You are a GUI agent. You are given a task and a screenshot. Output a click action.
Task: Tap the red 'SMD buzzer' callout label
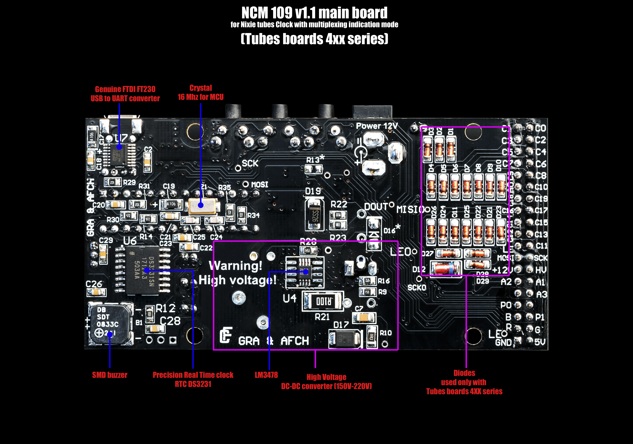point(110,375)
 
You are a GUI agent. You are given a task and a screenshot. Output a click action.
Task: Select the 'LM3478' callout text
point(266,375)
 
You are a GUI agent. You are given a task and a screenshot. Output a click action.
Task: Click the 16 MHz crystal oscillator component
point(204,206)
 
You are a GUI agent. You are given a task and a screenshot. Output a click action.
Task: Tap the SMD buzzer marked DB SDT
point(110,324)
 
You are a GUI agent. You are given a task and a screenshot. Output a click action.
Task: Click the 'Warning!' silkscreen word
point(235,266)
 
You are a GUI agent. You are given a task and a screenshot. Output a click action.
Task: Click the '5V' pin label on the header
point(540,342)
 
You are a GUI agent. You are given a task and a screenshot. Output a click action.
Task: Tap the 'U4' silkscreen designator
point(289,298)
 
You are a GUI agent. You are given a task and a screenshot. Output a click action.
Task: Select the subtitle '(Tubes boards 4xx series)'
point(314,39)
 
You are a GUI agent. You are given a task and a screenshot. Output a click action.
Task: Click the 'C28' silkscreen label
point(170,321)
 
